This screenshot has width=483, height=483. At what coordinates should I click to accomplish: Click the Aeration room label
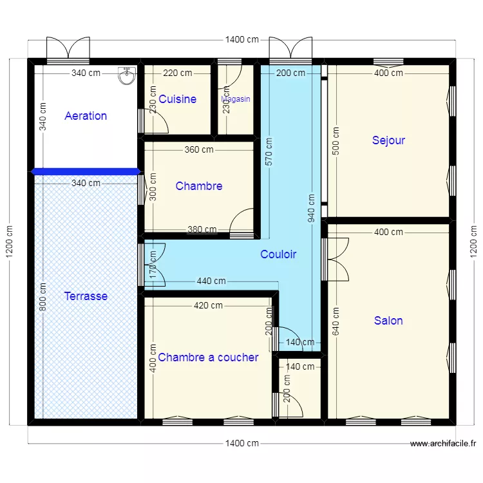(86, 116)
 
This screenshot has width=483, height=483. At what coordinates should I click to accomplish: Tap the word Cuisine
(177, 99)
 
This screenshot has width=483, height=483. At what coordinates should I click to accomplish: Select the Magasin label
(236, 99)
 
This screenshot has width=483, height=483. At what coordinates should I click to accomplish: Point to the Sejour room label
(388, 140)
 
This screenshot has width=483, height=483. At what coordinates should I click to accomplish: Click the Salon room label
(388, 320)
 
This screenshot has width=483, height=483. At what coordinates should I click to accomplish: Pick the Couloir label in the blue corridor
(278, 254)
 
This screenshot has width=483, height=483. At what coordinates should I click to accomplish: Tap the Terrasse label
(86, 296)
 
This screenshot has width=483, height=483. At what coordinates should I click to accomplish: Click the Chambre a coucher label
(208, 357)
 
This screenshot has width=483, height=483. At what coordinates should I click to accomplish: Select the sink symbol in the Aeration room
(126, 75)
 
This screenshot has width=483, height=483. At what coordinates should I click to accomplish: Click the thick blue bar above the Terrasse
(86, 171)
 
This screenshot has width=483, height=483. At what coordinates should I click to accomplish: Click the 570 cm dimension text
(268, 152)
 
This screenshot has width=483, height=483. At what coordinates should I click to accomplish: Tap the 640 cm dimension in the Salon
(336, 322)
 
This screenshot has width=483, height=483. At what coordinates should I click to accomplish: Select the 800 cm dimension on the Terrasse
(43, 297)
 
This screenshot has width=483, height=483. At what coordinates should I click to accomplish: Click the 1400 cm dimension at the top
(242, 40)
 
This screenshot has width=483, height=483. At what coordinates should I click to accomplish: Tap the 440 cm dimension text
(211, 281)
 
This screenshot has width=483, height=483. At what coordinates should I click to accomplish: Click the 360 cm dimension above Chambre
(199, 150)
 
